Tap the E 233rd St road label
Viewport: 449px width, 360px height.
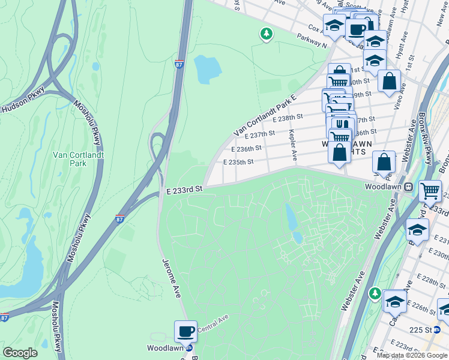(185, 189)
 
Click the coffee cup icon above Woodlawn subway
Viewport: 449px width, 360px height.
(185, 331)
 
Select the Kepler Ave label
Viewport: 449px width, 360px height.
(292, 145)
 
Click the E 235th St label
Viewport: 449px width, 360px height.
(238, 162)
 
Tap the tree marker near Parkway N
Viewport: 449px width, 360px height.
(265, 34)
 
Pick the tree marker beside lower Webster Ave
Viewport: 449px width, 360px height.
(375, 293)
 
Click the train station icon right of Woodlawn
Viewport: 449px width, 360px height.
(408, 187)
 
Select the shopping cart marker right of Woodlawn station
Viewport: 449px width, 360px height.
(430, 191)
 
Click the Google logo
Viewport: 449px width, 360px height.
(20, 352)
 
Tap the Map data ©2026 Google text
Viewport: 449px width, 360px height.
(411, 355)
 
